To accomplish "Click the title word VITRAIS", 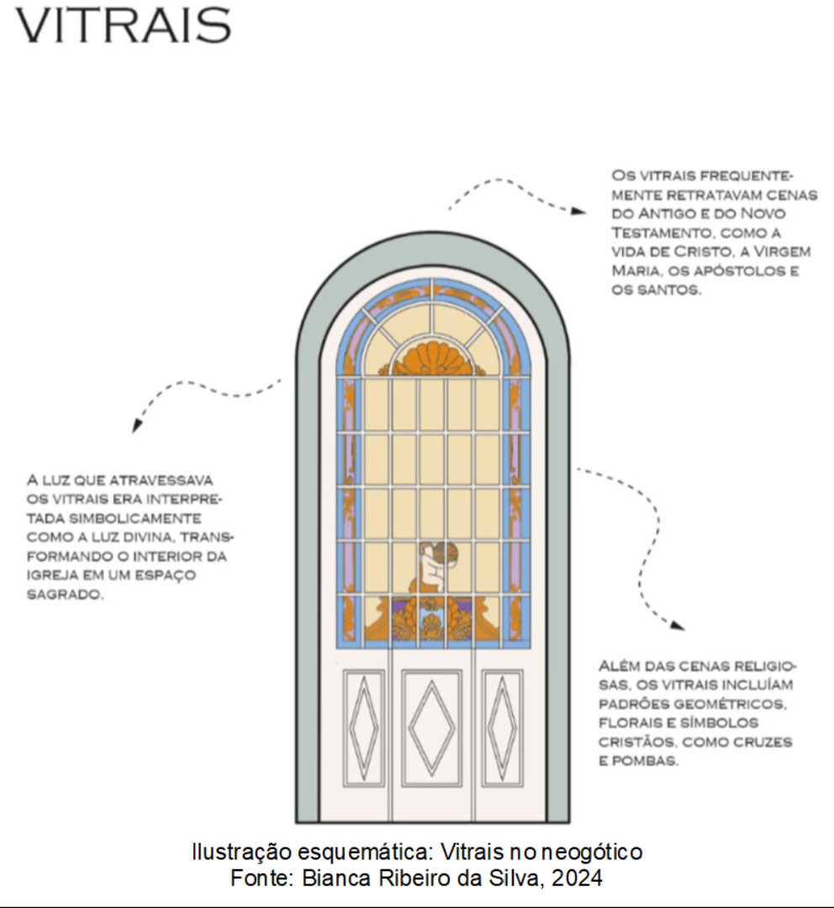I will coord(123,25).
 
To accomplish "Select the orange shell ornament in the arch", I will coord(432,359).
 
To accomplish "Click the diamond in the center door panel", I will coord(431,727).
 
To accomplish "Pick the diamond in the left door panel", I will coord(364,727).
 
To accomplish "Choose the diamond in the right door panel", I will coord(502,727).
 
